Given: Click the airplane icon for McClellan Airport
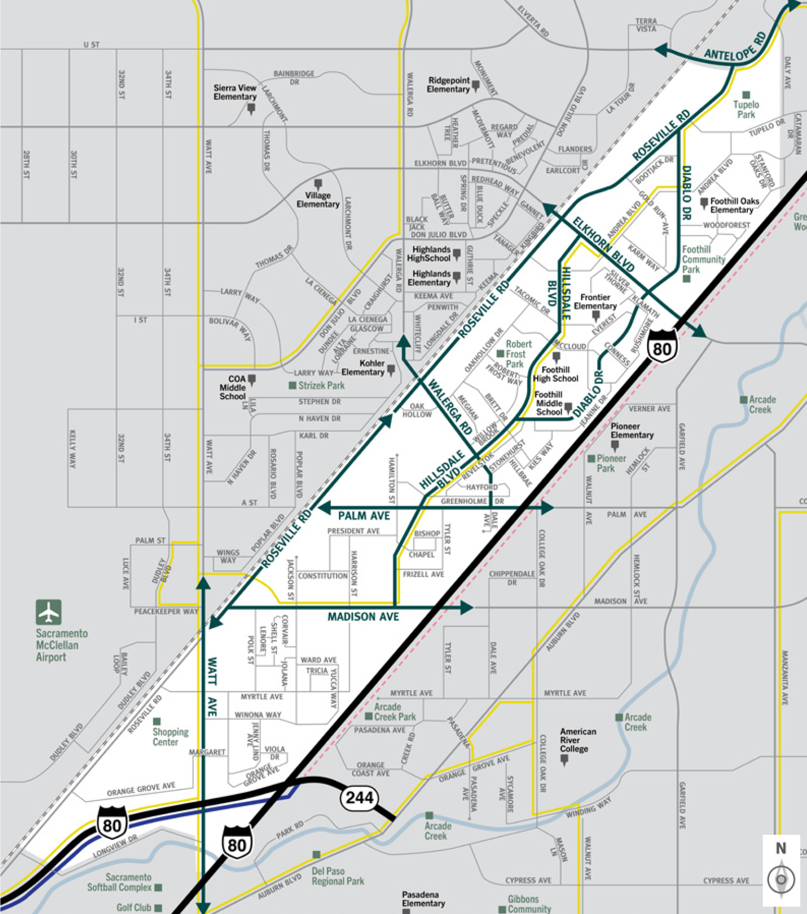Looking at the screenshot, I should tap(48, 612).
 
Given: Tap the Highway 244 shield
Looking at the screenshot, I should tap(360, 798).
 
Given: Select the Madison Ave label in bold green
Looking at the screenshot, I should tap(363, 617).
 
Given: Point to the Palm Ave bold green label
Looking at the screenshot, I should tap(364, 516).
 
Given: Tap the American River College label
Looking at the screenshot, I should tap(578, 740).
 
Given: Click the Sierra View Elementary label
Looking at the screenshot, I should tap(235, 92).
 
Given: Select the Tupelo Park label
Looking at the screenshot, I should tap(746, 109).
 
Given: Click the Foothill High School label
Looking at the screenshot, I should tap(555, 374).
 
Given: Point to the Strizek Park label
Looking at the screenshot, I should tap(321, 386).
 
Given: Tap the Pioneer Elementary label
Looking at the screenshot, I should tap(632, 431).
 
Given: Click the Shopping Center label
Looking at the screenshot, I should tap(170, 737).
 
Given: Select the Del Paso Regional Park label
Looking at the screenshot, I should tap(338, 876).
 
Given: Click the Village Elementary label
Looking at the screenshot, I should tap(318, 200).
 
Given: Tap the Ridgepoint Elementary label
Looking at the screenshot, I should tap(448, 85).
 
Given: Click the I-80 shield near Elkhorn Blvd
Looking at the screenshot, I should tap(662, 348).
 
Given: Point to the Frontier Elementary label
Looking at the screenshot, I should tap(595, 302).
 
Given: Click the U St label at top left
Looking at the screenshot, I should tap(91, 44).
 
